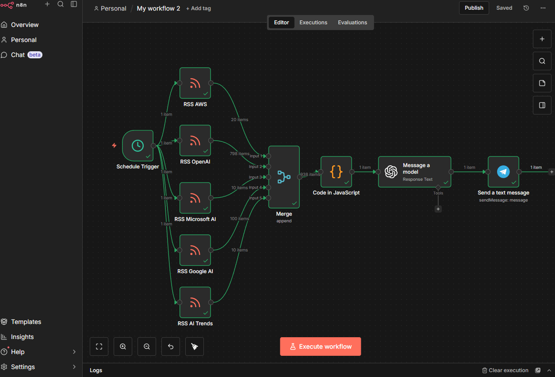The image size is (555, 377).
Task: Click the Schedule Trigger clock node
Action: point(138,146)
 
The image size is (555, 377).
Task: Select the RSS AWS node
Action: point(195,83)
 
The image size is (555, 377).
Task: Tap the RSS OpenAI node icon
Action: point(195,141)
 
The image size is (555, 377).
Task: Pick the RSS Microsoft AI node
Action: point(195,198)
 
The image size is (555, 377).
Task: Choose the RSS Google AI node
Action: point(195,250)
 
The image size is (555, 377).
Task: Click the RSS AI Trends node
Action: point(195,302)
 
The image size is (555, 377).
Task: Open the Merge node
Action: point(284,177)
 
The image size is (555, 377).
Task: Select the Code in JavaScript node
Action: point(336,172)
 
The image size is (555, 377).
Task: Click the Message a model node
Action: point(414,172)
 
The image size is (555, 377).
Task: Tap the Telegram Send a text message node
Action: point(503,172)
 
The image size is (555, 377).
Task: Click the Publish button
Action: point(474,8)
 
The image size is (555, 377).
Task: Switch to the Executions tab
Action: point(313,23)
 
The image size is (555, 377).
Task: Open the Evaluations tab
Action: point(352,23)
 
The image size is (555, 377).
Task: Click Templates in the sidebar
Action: point(26,322)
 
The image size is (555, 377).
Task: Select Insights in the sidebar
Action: point(22,337)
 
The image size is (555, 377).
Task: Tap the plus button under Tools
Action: point(438,209)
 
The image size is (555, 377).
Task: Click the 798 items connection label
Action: point(239,153)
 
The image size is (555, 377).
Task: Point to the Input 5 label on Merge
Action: point(255,198)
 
